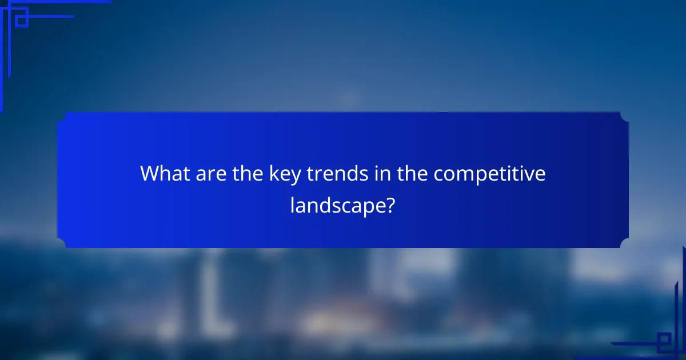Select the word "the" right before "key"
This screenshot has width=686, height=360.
[247, 174]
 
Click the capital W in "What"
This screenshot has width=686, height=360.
[150, 174]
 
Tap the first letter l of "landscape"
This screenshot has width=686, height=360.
[293, 204]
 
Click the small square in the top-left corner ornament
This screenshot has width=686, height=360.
[21, 21]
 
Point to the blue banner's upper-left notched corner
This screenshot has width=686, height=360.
[62, 117]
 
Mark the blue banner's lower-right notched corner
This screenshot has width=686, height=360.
[624, 243]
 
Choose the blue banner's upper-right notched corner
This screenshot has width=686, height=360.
[624, 117]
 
